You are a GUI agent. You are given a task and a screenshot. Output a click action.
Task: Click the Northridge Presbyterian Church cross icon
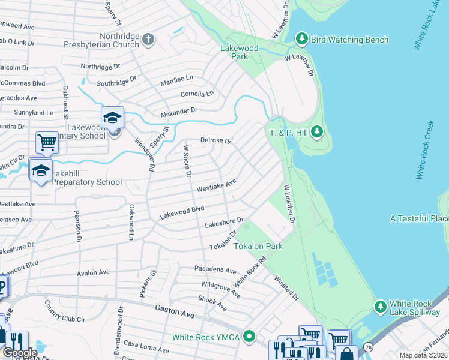[x=149, y=40]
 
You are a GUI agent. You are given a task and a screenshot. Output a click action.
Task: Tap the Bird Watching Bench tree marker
[x=302, y=40]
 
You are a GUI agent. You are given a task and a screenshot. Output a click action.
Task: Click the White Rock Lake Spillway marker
[x=380, y=307]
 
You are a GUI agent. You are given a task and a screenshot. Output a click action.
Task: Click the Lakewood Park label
[x=240, y=53]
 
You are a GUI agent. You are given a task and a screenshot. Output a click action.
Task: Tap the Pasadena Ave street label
[x=215, y=269]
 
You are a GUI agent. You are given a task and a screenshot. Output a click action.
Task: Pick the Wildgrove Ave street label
[x=221, y=289]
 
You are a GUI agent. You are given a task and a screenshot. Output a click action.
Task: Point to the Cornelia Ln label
[x=197, y=94]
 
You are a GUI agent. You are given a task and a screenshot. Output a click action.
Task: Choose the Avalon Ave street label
[x=93, y=272]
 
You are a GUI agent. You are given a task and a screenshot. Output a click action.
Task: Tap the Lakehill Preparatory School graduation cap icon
[x=41, y=170]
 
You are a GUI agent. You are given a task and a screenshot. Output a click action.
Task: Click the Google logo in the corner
[x=20, y=353]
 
